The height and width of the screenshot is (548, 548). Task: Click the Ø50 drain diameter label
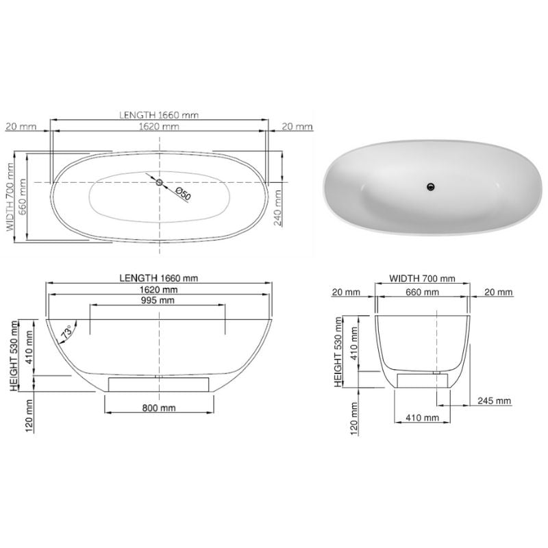coord(183,193)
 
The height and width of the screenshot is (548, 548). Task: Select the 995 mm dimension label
coord(158,301)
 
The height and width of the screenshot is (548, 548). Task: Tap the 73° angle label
coord(67,334)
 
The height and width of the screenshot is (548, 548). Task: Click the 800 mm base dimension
coord(158,408)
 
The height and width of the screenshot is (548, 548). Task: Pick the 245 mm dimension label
coord(495,401)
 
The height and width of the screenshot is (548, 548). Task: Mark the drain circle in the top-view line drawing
coord(160,182)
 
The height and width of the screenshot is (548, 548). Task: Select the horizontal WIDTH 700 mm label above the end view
coord(422,278)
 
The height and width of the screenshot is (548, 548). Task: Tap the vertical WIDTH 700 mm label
coord(10,199)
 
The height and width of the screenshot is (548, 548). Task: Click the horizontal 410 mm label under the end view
coord(422,416)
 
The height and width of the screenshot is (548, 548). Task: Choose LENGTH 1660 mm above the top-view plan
coord(159,114)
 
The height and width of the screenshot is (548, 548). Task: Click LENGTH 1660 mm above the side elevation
coord(158,278)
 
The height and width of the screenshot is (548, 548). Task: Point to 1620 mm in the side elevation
coord(158,290)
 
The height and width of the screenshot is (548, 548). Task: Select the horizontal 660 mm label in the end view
coord(422,292)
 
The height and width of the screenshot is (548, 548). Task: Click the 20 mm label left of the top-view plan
coord(20,126)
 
